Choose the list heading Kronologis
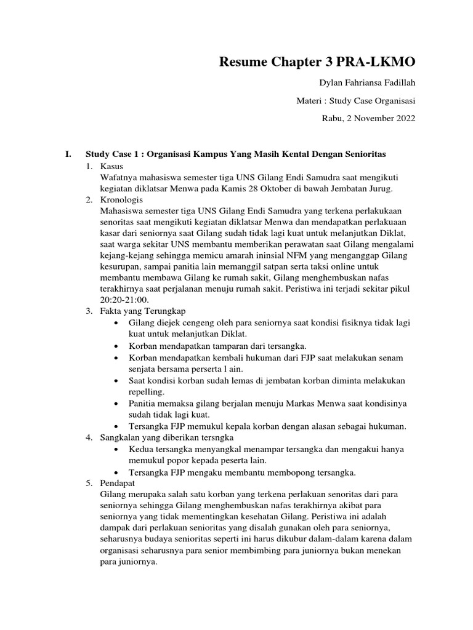121,200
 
